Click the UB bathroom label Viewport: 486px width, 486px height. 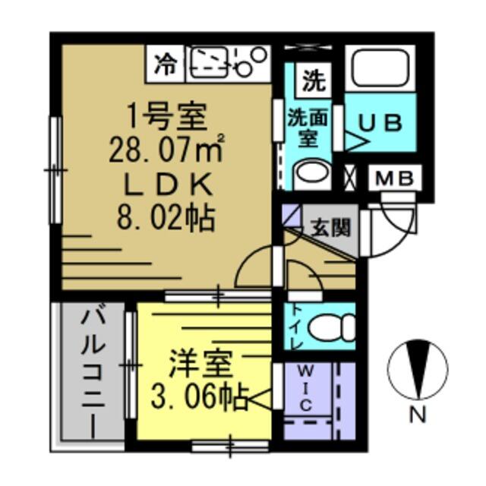click(x=379, y=124)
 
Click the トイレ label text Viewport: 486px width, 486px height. click(x=295, y=327)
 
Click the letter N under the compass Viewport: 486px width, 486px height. click(x=417, y=415)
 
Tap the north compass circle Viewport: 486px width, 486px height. click(x=416, y=371)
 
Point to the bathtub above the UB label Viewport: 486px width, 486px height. click(x=379, y=69)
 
